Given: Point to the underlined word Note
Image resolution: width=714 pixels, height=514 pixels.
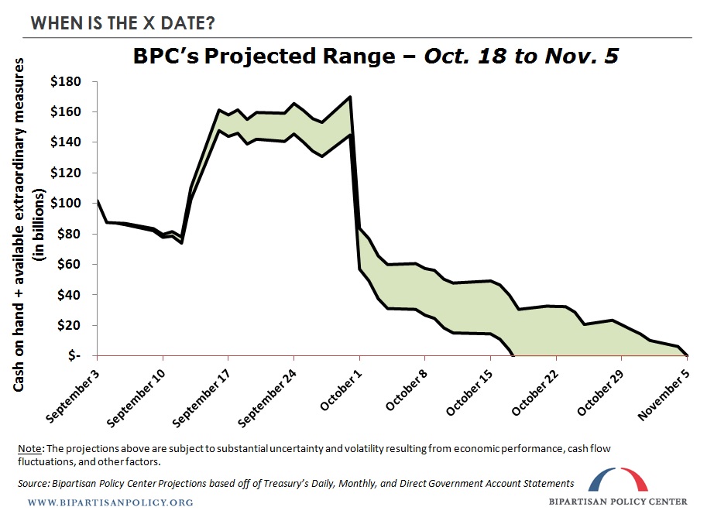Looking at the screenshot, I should click(32, 450).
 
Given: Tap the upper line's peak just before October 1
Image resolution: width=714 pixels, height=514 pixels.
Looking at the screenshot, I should click(351, 97).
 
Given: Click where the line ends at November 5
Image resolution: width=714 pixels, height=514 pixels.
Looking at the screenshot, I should click(688, 355).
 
